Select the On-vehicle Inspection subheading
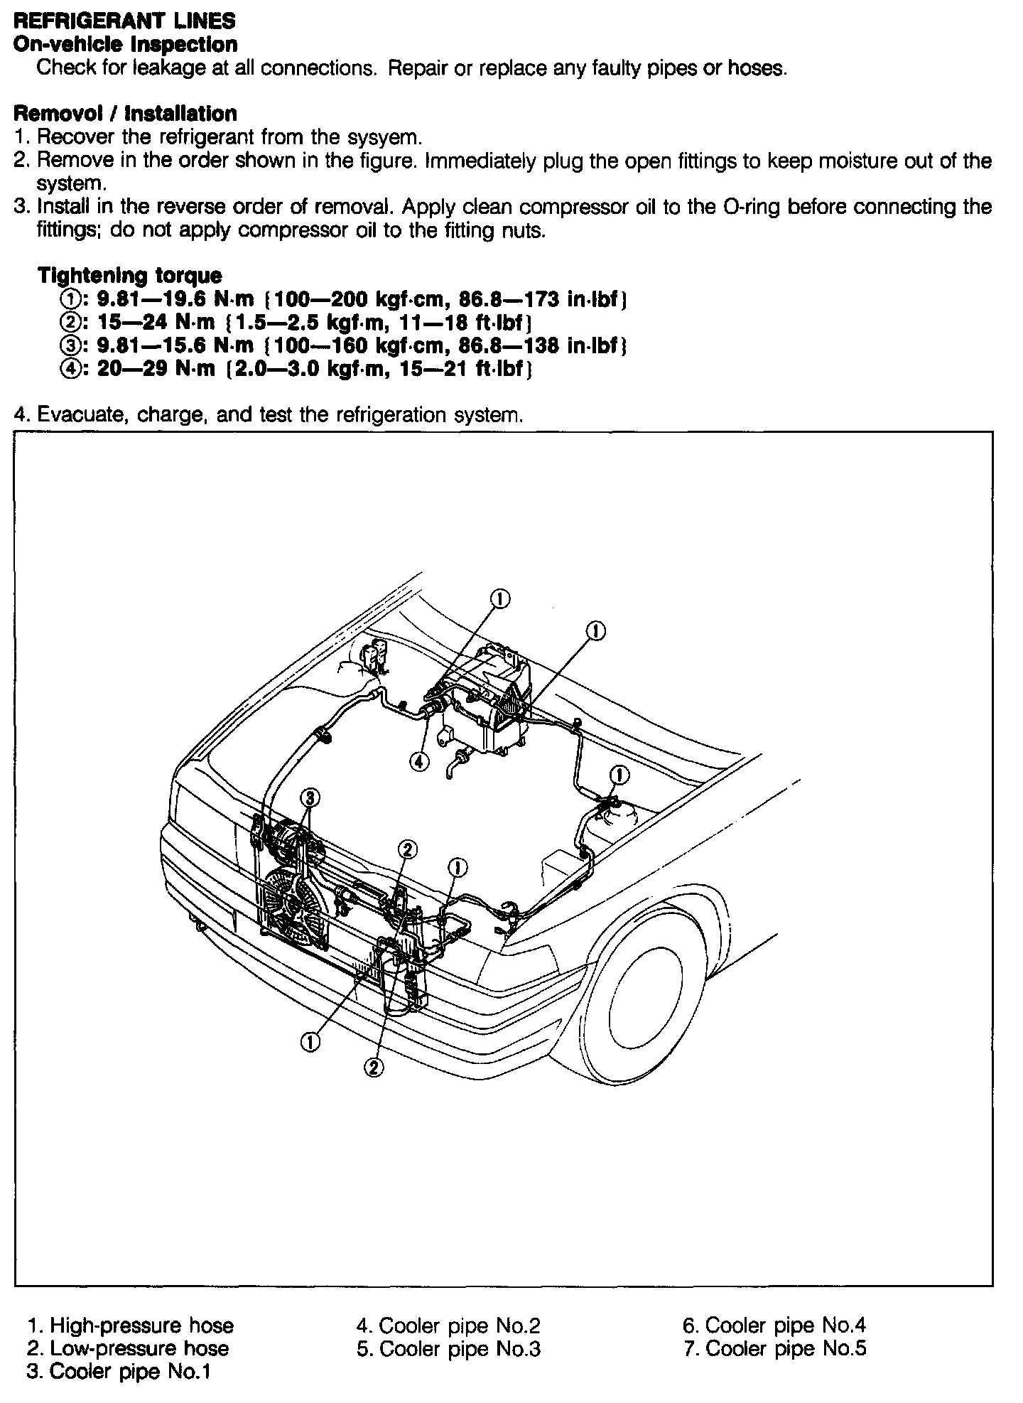click(126, 44)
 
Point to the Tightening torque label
click(129, 275)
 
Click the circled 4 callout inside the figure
click(419, 761)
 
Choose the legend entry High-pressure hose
click(141, 1325)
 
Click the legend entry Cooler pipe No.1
click(130, 1371)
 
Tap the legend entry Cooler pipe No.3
click(460, 1348)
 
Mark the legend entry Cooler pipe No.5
click(786, 1348)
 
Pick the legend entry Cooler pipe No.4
click(786, 1325)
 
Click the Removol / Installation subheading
click(125, 114)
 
